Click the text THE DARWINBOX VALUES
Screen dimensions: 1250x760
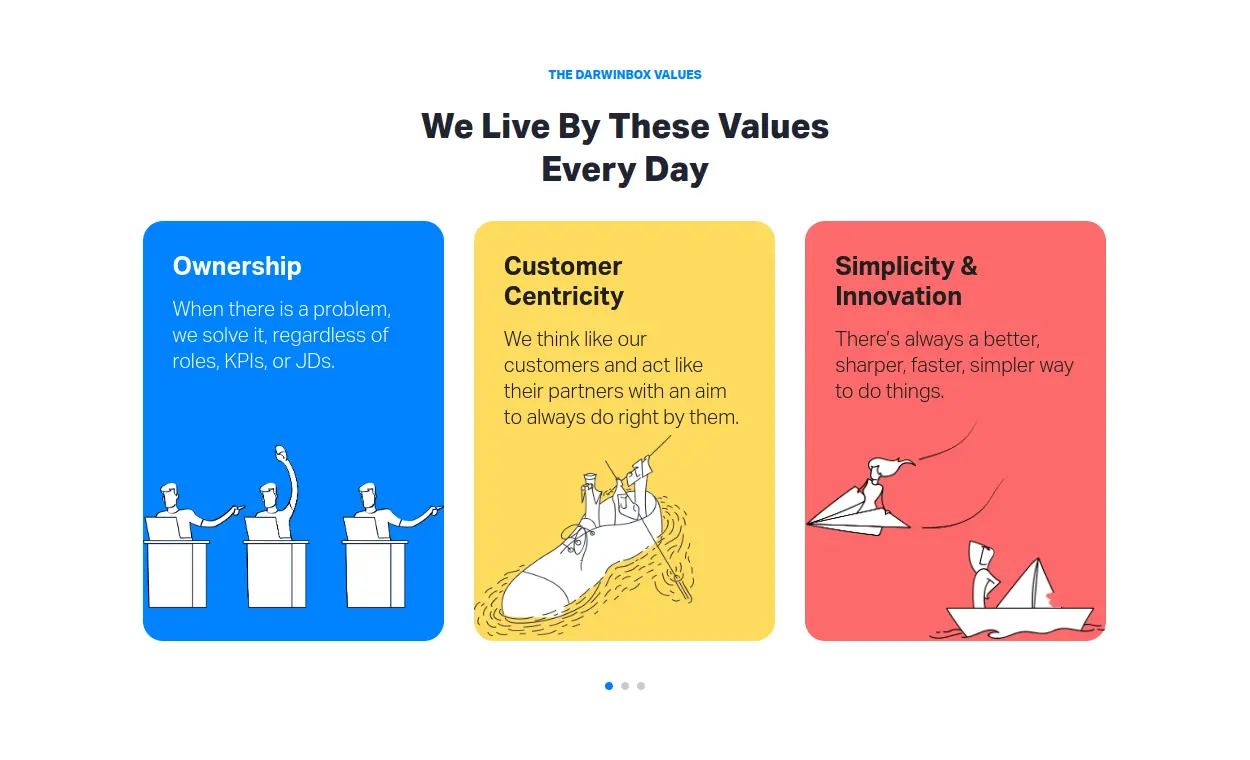coord(624,75)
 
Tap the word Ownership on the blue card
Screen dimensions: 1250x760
coord(237,266)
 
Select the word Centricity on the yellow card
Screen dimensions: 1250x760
coord(564,296)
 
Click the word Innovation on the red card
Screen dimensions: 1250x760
coord(898,296)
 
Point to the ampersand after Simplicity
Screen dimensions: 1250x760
coord(969,266)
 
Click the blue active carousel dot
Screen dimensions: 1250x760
coord(609,686)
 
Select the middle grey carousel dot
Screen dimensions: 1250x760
coord(625,686)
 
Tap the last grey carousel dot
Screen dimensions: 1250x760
coord(641,686)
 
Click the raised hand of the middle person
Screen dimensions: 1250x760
coord(281,451)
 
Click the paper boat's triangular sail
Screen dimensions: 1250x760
coord(1026,585)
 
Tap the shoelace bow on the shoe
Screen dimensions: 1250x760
coord(577,536)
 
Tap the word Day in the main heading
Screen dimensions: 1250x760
coord(676,170)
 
